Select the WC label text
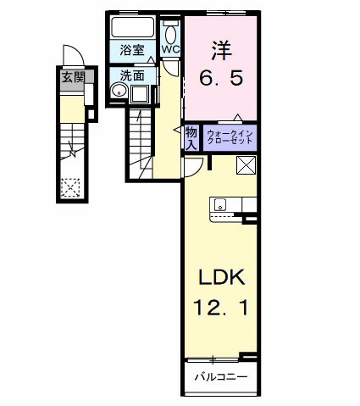(x=170, y=49)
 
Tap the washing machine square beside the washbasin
(x=140, y=93)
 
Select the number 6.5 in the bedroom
(x=223, y=78)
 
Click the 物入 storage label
(x=191, y=136)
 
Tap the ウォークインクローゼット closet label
(x=226, y=136)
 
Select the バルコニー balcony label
(x=221, y=375)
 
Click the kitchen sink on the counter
(x=219, y=203)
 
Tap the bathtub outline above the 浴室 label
(x=132, y=27)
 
